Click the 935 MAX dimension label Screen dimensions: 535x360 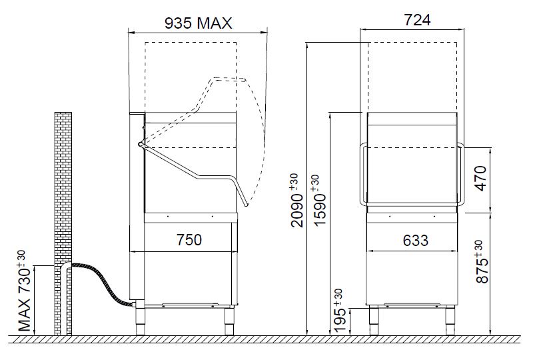tap(199, 23)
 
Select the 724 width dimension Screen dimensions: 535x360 tap(417, 20)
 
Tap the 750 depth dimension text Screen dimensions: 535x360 tap(189, 239)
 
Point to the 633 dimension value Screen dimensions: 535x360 tap(416, 241)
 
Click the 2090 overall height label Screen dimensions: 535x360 tap(296, 200)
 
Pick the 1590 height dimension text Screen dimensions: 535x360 tap(320, 200)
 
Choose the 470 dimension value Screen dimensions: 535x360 tap(480, 178)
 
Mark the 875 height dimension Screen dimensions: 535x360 tap(482, 261)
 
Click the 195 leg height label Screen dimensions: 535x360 tap(340, 311)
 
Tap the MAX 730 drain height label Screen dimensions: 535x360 tap(25, 291)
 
